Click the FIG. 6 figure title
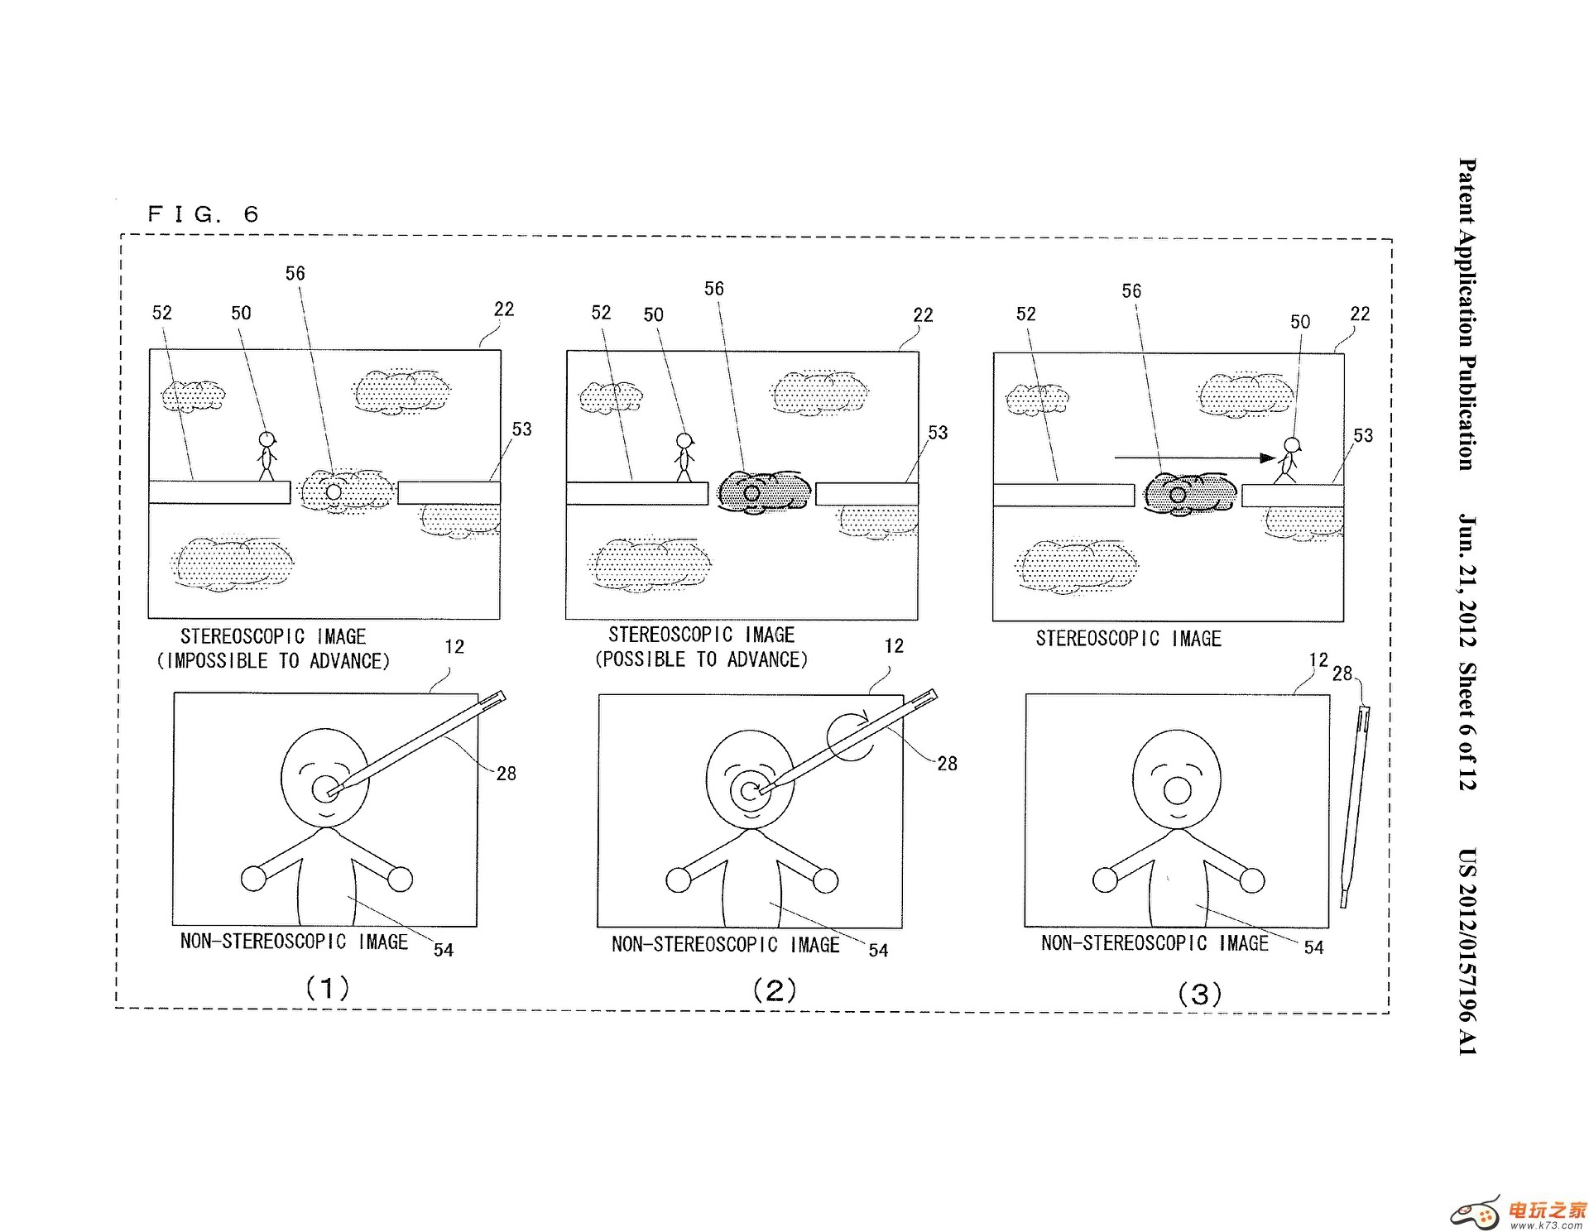203,214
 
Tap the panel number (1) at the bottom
328,988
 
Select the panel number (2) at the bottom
774,990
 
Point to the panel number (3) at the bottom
1199,994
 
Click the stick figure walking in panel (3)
1289,461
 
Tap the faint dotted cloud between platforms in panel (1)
344,491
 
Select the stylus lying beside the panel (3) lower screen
1354,803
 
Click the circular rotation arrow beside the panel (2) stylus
850,736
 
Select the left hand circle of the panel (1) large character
253,878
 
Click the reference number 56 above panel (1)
295,274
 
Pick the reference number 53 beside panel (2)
937,433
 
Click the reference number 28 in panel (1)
506,774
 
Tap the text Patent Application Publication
1467,314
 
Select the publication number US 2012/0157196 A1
1467,952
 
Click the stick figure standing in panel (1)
266,456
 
